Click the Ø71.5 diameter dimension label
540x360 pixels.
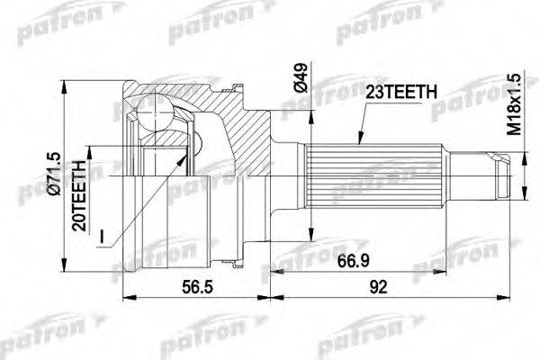point(56,174)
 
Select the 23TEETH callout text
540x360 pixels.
point(401,92)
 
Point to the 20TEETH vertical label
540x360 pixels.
point(79,195)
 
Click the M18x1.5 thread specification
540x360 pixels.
point(515,104)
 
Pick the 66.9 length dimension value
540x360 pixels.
point(354,261)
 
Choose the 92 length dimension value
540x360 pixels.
point(378,286)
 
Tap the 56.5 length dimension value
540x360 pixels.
point(197,286)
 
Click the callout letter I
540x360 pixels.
point(101,237)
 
